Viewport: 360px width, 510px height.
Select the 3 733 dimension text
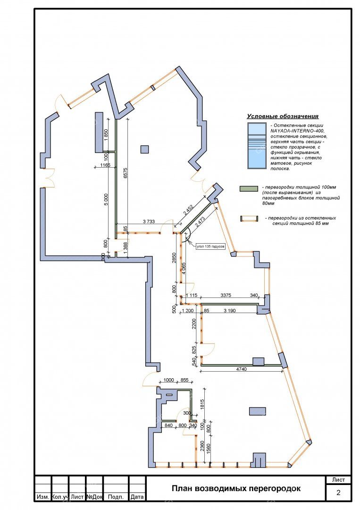click(149, 221)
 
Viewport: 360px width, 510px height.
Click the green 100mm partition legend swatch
click(249, 189)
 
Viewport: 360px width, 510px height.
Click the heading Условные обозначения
click(283, 116)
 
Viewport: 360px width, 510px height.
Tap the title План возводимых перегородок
click(235, 489)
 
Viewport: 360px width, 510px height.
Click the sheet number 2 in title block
click(338, 493)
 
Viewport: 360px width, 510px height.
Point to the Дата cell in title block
click(137, 497)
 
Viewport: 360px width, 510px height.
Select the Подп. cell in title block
click(116, 497)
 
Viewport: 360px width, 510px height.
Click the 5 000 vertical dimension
click(107, 199)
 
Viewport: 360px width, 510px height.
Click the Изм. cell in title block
click(43, 497)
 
